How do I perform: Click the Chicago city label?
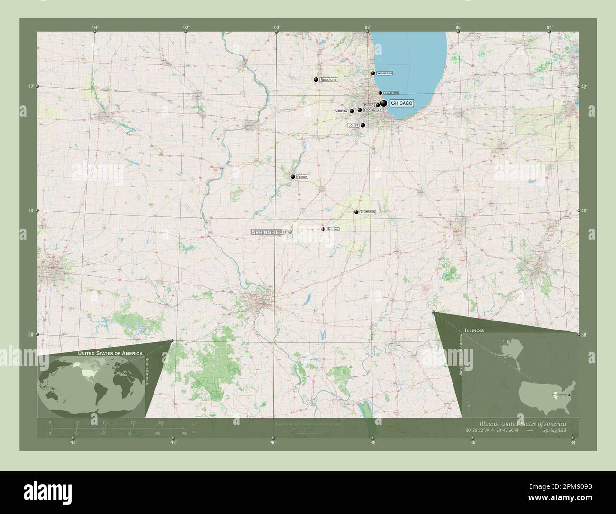pos(401,103)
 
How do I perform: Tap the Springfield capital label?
pos(268,232)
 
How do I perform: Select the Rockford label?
pos(328,80)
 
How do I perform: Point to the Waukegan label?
pos(384,73)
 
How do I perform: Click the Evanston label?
pos(391,93)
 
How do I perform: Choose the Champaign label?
pos(367,212)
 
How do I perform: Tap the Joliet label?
pos(353,125)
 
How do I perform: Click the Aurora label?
pos(341,111)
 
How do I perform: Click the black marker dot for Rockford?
pos(316,80)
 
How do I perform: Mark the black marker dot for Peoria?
pos(293,177)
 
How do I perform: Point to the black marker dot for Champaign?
pos(356,212)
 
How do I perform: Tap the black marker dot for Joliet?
pos(363,125)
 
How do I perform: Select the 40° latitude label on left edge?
pos(32,211)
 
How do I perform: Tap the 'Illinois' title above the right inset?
pos(474,329)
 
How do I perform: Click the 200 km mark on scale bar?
pos(161,422)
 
